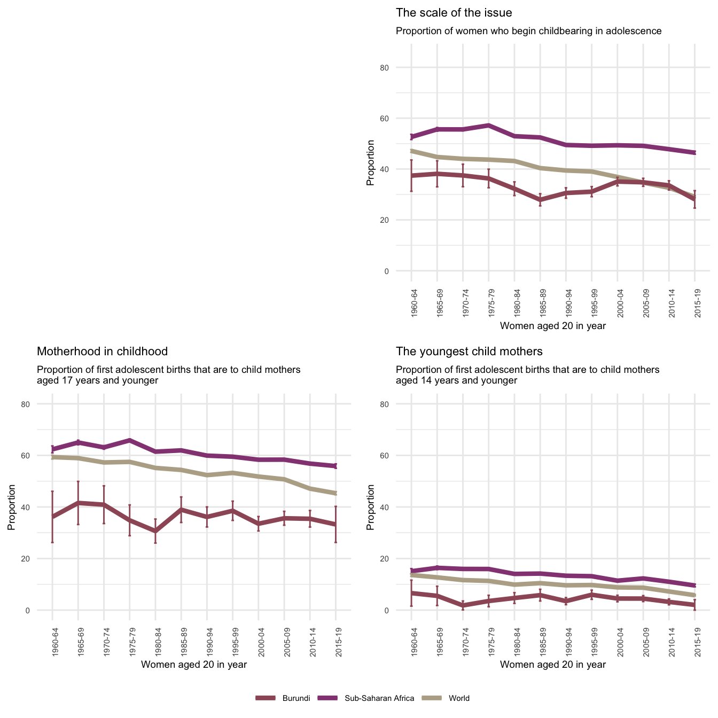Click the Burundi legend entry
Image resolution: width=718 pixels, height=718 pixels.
tap(283, 698)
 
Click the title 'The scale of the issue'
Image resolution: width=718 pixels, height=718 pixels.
tap(454, 13)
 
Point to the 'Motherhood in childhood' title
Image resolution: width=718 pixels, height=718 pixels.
tap(102, 352)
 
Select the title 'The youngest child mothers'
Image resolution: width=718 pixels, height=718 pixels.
tap(469, 352)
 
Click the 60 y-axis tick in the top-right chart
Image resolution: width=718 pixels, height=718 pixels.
tap(400, 119)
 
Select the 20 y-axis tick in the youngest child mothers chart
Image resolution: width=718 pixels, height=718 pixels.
tap(400, 559)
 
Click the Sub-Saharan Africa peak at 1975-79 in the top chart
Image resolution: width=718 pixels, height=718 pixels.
tap(488, 125)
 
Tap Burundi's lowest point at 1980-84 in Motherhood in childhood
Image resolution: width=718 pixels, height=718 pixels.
tap(155, 532)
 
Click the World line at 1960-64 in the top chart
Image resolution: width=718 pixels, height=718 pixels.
tap(411, 151)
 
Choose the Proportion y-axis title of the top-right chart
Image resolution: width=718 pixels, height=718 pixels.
tap(370, 163)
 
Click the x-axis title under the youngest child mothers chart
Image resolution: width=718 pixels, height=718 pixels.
tap(553, 665)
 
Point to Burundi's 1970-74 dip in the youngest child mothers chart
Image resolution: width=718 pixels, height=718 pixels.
tap(463, 605)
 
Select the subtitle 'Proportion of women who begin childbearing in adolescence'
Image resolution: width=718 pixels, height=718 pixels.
tap(528, 31)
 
